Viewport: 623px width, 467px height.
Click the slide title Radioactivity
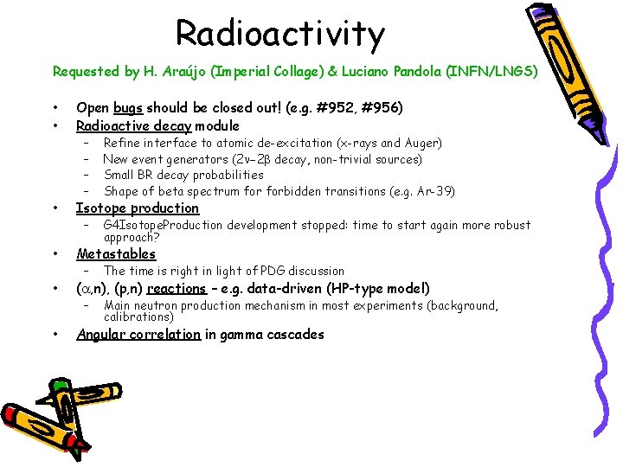[x=279, y=34]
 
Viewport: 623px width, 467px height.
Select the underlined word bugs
[x=127, y=108]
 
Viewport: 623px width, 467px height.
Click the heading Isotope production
[x=138, y=208]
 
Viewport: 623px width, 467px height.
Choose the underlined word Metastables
[x=116, y=253]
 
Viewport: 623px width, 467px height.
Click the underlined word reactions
[x=177, y=289]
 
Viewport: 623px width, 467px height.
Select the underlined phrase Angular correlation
[x=138, y=335]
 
